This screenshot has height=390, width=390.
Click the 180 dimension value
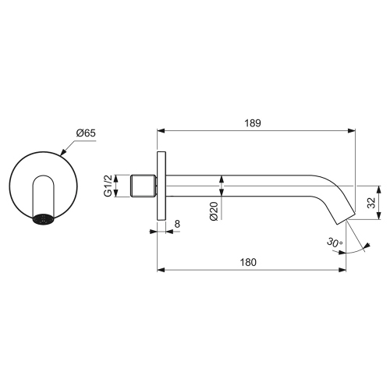pyautogui.click(x=246, y=263)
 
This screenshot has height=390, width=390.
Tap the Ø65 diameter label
pyautogui.click(x=85, y=135)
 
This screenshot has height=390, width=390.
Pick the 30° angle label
pyautogui.click(x=335, y=244)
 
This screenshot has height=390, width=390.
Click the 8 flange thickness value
pyautogui.click(x=176, y=224)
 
